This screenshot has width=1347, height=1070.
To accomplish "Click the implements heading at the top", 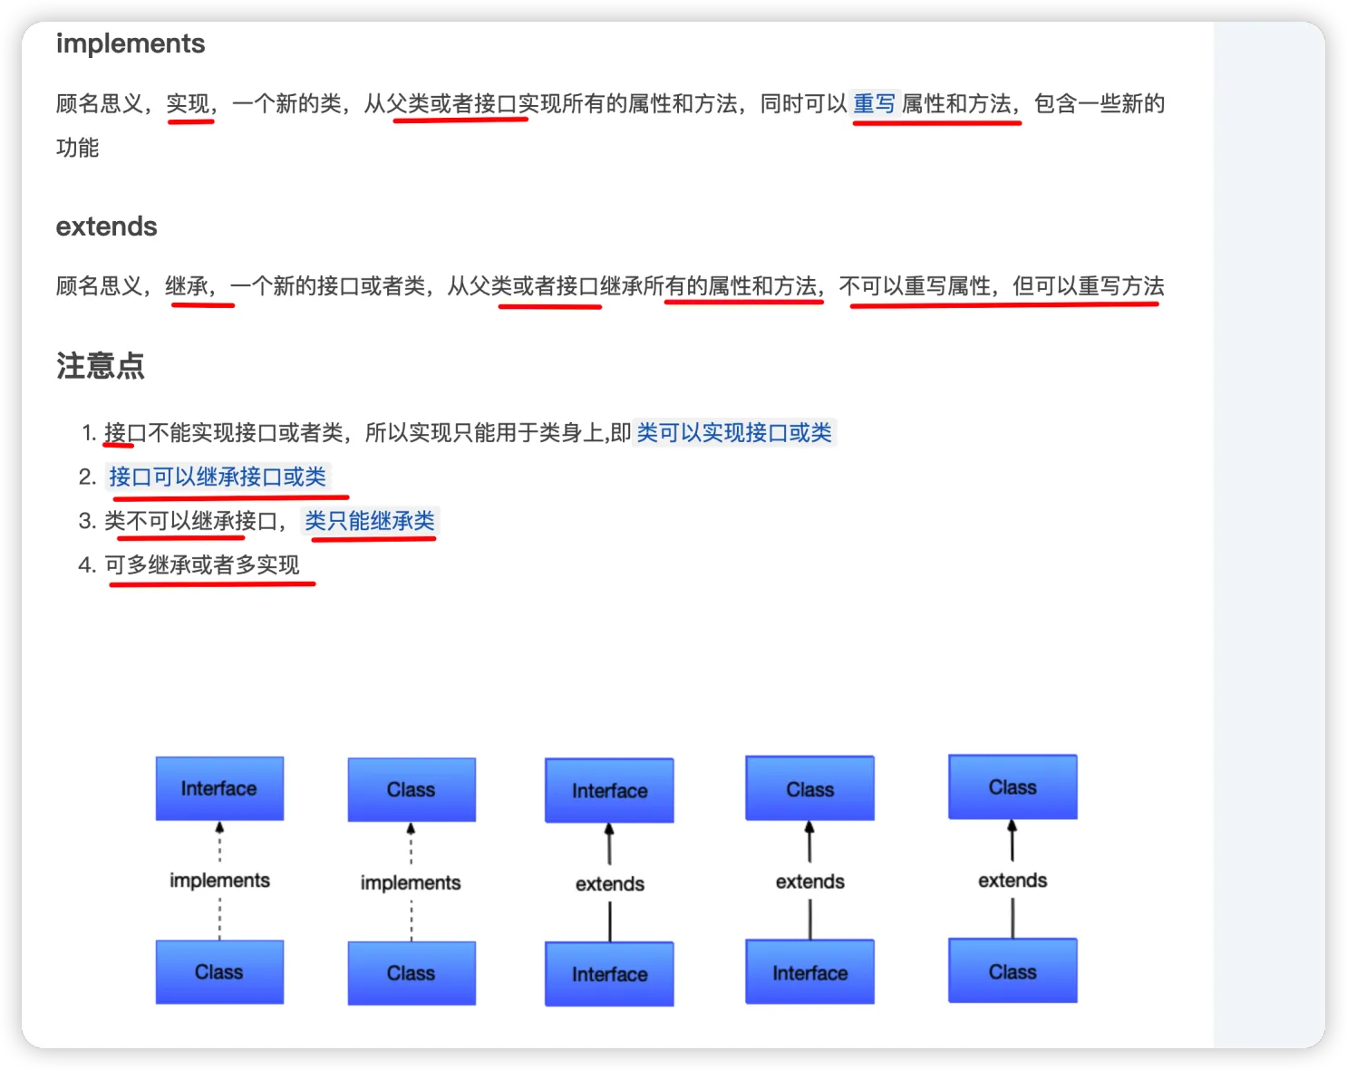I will tap(131, 43).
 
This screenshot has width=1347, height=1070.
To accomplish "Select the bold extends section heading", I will tap(107, 227).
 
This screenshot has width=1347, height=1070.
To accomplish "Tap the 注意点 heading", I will tap(101, 366).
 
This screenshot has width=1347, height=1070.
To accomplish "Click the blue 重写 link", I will tap(874, 104).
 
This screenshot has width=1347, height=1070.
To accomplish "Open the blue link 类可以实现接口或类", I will tap(733, 433).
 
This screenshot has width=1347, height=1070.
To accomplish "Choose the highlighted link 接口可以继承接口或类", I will tap(218, 477).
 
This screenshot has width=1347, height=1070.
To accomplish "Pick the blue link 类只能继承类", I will tap(370, 521).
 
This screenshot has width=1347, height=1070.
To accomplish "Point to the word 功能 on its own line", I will tap(78, 148).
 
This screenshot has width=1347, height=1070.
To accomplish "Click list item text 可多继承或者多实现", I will tap(202, 565).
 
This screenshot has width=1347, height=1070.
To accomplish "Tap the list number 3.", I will tap(86, 521).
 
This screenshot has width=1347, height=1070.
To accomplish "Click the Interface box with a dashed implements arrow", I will tap(219, 788).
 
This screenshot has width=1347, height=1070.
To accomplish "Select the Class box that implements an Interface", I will tap(219, 972).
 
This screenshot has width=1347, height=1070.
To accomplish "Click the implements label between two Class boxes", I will tap(411, 882).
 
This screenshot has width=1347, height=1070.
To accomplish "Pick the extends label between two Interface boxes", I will tap(610, 883).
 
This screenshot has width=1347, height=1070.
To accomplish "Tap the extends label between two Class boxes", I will tap(1013, 881).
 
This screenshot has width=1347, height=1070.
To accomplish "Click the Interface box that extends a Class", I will tap(809, 973).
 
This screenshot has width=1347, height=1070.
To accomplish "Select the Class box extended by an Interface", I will tap(809, 789).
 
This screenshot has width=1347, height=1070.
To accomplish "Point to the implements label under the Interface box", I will tap(220, 881).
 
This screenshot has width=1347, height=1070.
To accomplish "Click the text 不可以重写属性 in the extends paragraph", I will tap(915, 286).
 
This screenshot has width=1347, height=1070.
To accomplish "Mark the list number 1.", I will tap(88, 433).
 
